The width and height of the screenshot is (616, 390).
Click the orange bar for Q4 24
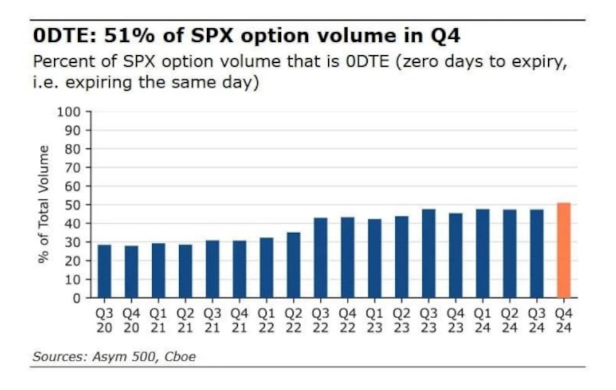564,250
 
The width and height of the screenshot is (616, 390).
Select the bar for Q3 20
105,271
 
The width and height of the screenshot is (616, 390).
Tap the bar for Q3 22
320,258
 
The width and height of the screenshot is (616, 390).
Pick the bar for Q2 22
293,265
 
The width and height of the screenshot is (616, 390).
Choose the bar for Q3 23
429,253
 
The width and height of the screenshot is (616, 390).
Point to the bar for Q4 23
456,255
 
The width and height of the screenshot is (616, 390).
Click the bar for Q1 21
158,270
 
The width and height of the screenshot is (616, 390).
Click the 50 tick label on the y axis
73,205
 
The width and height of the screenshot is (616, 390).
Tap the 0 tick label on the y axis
76,298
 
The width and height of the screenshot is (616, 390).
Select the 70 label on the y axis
73,167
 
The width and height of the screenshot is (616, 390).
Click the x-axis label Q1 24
482,320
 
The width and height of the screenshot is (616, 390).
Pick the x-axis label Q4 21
239,320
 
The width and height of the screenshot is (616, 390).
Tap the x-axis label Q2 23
402,320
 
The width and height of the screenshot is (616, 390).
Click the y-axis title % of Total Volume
44,204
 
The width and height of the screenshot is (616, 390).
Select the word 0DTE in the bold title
62,36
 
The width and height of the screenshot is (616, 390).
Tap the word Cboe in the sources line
180,357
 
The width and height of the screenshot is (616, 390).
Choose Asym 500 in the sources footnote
125,357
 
